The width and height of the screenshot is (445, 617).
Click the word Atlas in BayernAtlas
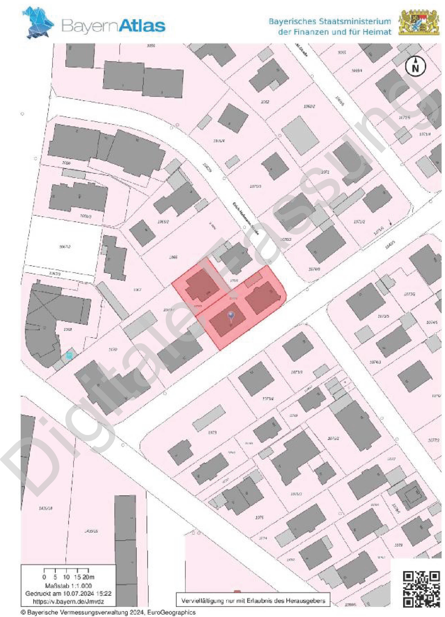tap(142, 26)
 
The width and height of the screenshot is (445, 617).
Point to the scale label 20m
tap(88, 577)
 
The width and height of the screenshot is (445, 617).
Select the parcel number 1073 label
tap(212, 432)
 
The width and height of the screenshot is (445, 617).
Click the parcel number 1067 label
tap(137, 290)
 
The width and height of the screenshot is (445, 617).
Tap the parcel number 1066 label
tap(173, 257)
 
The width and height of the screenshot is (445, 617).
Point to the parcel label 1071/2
tap(359, 222)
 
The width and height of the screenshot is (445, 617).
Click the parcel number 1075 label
tap(259, 517)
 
